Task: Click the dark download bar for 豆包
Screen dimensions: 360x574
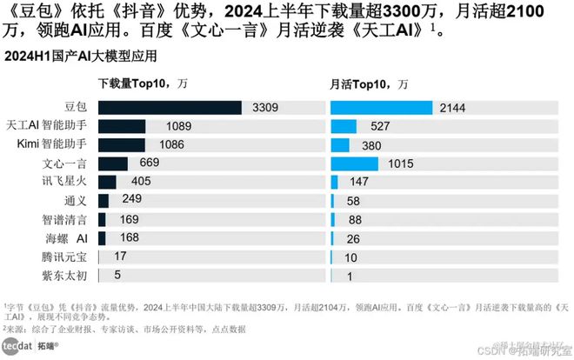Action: click(170, 107)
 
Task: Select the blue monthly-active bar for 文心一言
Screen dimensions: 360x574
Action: click(354, 163)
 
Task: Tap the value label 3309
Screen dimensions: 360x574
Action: click(266, 108)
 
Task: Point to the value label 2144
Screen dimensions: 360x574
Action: click(453, 108)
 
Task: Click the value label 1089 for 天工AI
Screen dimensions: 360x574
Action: click(166, 126)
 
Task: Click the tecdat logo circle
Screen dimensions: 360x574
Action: click(11, 347)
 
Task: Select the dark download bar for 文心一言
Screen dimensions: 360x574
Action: click(113, 163)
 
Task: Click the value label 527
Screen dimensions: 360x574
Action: click(381, 126)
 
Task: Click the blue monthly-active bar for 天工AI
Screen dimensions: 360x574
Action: click(345, 126)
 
